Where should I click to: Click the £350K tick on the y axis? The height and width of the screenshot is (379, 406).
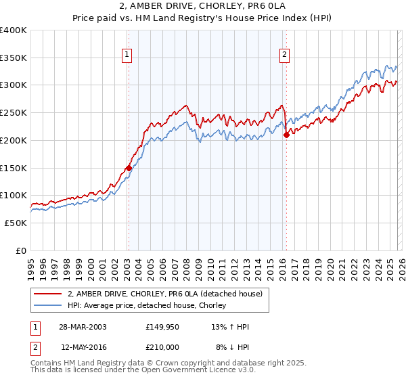click(14, 58)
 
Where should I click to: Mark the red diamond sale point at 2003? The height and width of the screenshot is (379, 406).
click(129, 168)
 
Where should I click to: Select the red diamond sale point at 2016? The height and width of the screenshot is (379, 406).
click(286, 135)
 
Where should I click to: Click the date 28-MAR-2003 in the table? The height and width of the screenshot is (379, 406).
click(83, 327)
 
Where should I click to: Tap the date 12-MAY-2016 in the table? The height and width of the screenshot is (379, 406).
click(83, 347)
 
